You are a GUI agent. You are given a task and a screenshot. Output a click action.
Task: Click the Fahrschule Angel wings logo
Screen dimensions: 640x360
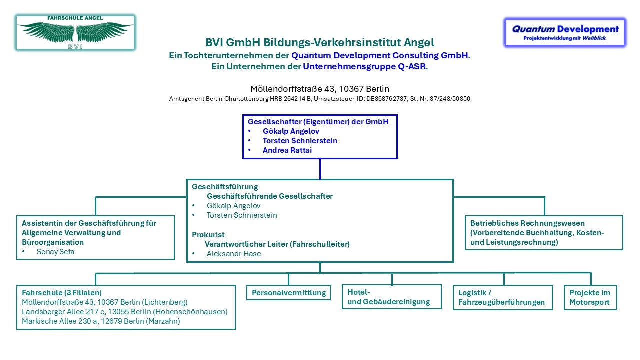tap(75, 33)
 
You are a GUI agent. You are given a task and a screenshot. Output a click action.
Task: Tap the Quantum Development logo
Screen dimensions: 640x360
tap(565, 32)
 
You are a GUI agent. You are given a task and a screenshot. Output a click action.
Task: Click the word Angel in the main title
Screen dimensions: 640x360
tap(419, 43)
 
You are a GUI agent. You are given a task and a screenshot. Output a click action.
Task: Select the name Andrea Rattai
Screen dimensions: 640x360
tap(287, 150)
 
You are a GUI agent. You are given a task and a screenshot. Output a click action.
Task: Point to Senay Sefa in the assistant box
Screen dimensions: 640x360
tap(55, 252)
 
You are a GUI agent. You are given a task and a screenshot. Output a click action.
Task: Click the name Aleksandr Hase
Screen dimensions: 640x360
tap(234, 254)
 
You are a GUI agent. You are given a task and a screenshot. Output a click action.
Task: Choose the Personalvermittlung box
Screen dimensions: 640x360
tap(288, 293)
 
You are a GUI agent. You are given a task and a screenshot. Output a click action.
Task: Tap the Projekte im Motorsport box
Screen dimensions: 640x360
tap(590, 297)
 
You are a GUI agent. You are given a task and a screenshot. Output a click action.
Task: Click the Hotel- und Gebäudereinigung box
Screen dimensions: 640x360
tap(391, 297)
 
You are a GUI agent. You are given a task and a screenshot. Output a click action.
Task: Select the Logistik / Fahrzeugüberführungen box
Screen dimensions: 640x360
tap(503, 297)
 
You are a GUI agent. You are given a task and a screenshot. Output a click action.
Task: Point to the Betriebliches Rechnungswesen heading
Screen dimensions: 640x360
tap(527, 223)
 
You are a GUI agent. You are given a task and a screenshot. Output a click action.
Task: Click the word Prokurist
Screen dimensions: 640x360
tap(208, 235)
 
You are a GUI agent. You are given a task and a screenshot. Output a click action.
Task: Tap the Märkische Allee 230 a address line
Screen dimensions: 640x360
tap(101, 321)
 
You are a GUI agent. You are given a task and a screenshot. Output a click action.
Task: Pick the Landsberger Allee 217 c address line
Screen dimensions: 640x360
tap(125, 312)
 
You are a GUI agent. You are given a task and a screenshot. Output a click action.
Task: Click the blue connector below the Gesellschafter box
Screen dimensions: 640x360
tap(320, 169)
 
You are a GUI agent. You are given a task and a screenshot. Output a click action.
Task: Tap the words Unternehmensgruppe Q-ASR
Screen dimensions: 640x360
tap(364, 66)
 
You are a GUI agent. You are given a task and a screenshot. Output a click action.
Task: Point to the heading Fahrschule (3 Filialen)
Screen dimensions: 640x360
tap(62, 293)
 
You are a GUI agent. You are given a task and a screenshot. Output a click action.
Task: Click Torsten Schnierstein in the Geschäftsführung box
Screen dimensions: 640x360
tap(242, 215)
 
